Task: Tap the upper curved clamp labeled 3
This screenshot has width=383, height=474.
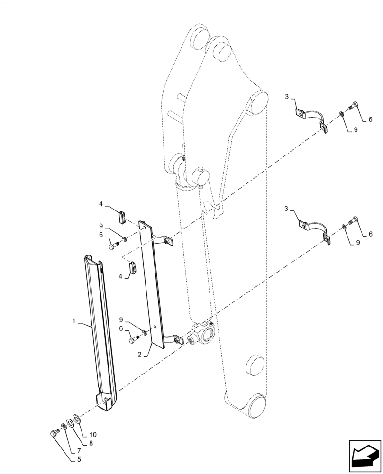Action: pyautogui.click(x=311, y=118)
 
